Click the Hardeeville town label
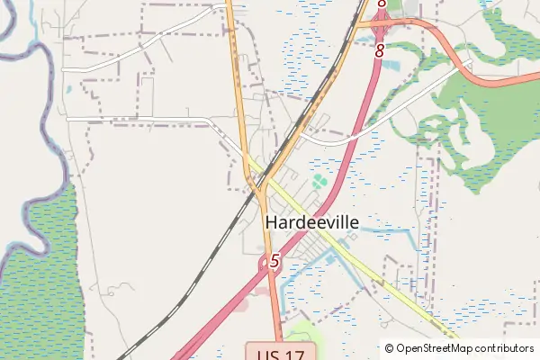[x=311, y=221]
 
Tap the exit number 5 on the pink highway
[x=274, y=263]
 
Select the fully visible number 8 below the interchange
[x=379, y=51]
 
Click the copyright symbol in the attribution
[x=390, y=348]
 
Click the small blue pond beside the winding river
[x=67, y=90]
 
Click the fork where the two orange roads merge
[x=259, y=184]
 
